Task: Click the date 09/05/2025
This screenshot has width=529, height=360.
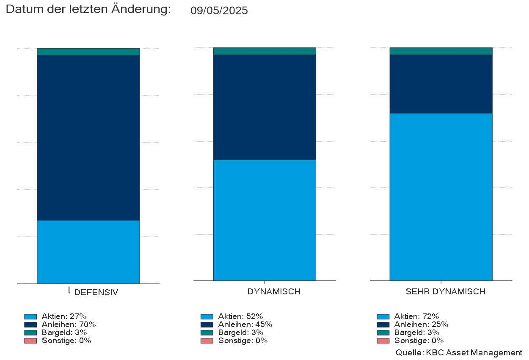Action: point(219,11)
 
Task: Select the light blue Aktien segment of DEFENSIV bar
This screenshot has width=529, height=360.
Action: point(88,252)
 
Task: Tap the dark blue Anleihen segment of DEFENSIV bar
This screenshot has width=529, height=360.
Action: point(88,138)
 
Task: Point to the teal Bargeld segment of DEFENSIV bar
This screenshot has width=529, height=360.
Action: point(88,52)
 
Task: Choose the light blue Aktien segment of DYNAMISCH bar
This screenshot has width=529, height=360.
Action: point(264,220)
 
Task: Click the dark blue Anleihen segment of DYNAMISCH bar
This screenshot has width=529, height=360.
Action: point(264,107)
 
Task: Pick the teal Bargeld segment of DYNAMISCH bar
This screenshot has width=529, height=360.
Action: point(264,51)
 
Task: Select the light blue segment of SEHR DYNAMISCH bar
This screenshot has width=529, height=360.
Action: point(441,197)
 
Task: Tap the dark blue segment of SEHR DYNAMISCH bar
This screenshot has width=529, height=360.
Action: point(441,84)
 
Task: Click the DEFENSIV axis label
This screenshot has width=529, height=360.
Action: point(96,292)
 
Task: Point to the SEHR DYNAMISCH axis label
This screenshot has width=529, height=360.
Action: point(445,292)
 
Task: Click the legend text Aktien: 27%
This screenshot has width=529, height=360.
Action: point(64,316)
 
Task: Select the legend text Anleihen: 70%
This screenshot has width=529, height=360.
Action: point(69,324)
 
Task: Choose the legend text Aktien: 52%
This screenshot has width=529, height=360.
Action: point(240,316)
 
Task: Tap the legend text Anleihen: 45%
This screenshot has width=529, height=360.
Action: point(245,324)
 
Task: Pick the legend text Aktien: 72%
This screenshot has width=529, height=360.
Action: point(416,316)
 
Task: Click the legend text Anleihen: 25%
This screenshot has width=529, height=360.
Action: point(421,324)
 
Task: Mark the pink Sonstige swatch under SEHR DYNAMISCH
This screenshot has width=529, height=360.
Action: point(383,341)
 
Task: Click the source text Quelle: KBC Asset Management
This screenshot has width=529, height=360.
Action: point(459,352)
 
